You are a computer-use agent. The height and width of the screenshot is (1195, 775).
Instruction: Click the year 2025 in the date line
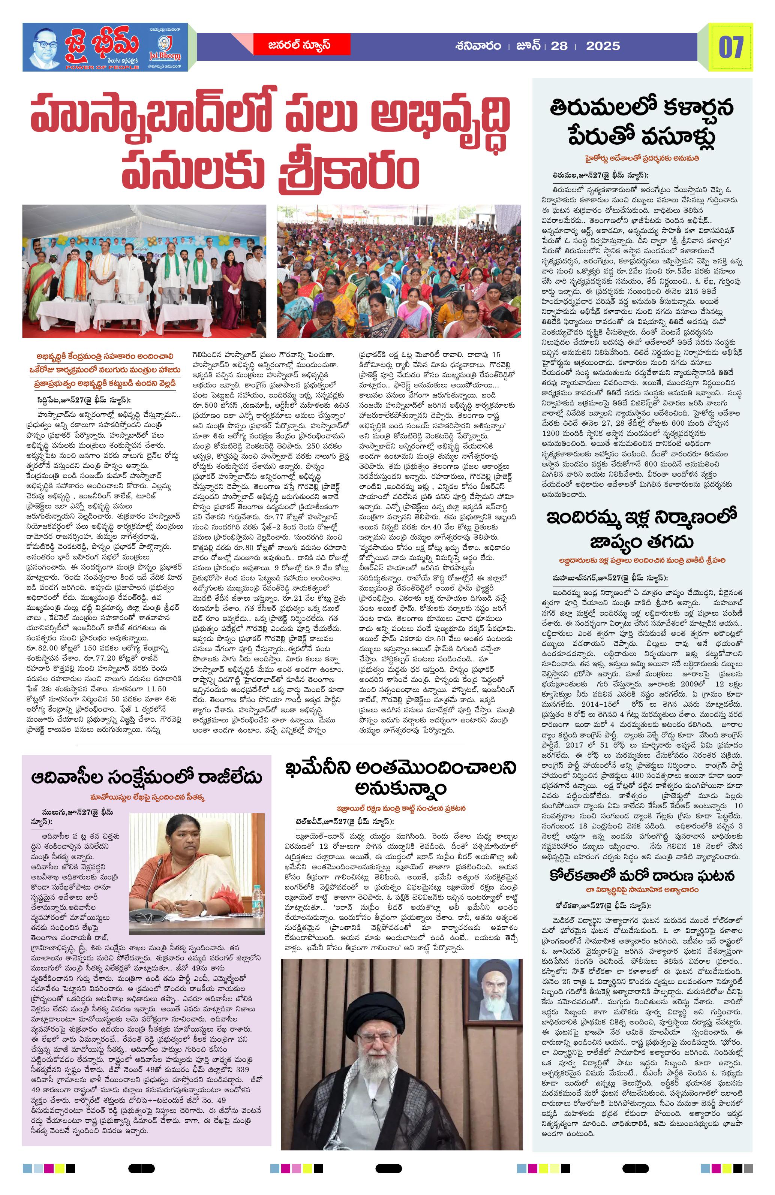click(x=603, y=46)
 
